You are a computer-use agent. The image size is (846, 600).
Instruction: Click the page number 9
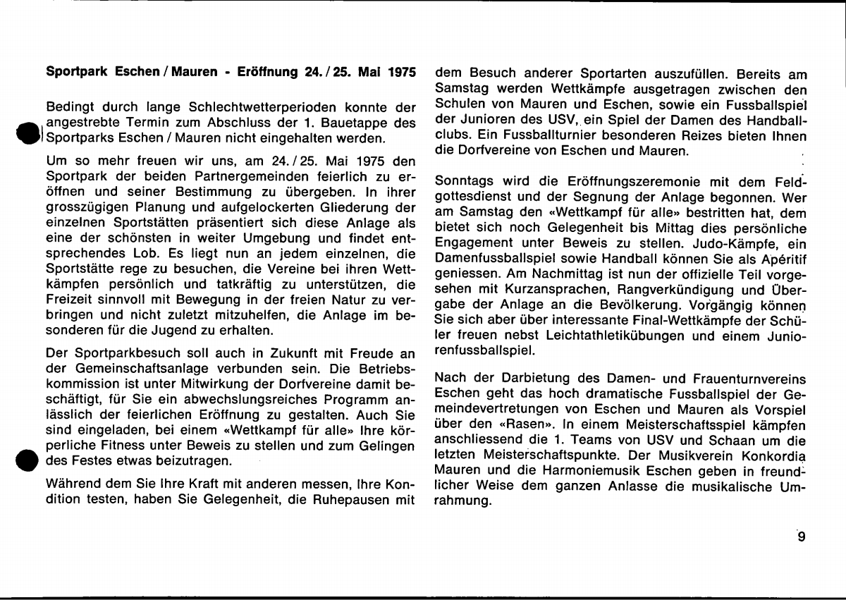pyautogui.click(x=801, y=537)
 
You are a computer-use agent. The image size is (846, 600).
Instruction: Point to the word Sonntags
pyautogui.click(x=463, y=180)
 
